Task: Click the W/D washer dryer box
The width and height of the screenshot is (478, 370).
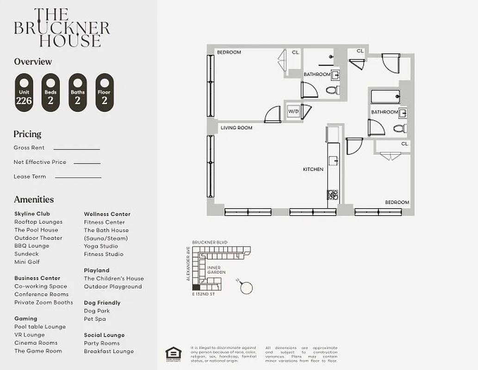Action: (293, 111)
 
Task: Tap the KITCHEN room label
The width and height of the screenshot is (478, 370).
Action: (313, 169)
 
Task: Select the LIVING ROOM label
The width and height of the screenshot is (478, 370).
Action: (236, 128)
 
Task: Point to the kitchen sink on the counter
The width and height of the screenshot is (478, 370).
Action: (333, 161)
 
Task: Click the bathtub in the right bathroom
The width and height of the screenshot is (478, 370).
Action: (385, 97)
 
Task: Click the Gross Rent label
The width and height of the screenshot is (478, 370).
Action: (29, 148)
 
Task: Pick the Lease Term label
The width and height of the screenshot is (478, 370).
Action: (30, 177)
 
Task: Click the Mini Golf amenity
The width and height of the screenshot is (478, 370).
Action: (27, 262)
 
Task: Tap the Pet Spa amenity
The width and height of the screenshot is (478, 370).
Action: (95, 319)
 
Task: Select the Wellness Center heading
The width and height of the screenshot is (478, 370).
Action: (107, 214)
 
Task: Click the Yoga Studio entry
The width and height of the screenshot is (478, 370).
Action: (101, 246)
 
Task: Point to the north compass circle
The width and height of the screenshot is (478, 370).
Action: (247, 288)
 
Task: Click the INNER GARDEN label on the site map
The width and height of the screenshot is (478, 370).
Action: (217, 270)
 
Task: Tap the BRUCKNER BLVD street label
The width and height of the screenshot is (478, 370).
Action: (210, 242)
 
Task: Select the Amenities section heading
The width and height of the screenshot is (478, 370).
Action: (34, 199)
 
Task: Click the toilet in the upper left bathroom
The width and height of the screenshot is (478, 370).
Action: (332, 90)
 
